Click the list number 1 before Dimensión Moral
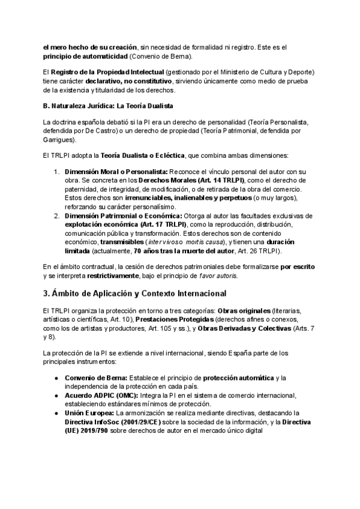tap(56, 171)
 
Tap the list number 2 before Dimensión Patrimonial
tap(56, 215)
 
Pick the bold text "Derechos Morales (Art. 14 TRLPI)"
tap(190, 180)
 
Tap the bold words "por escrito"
tap(298, 267)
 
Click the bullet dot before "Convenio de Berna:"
tap(56, 377)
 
